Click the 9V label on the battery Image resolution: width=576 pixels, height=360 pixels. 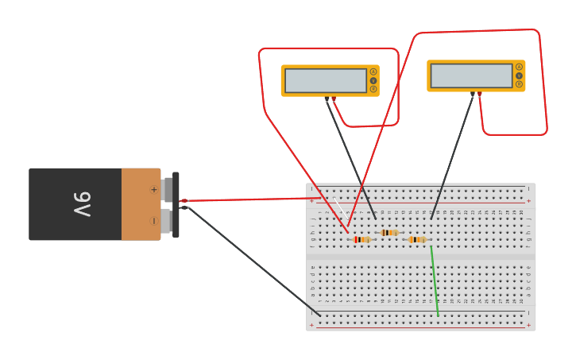pos(82,204)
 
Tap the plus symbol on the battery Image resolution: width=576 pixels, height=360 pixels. pos(153,189)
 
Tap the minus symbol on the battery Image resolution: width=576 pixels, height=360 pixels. pos(153,220)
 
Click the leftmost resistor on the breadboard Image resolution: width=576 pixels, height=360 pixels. pos(361,239)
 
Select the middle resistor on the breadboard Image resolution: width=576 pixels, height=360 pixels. pos(389,233)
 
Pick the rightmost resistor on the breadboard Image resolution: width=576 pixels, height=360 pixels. pos(416,239)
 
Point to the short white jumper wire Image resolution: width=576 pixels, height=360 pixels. pos(339,206)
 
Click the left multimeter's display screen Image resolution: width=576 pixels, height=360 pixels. pos(325,80)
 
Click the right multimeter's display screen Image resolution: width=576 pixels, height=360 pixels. pos(471,75)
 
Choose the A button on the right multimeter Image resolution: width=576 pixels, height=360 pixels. pos(519,67)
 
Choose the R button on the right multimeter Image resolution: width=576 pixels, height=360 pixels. pos(519,84)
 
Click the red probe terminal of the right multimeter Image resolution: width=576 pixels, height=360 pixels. pos(479,94)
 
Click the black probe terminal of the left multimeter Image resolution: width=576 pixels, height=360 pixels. pos(327,99)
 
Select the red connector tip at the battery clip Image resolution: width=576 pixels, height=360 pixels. pos(184,201)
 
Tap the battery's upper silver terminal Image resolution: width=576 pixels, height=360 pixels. pos(166,189)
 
